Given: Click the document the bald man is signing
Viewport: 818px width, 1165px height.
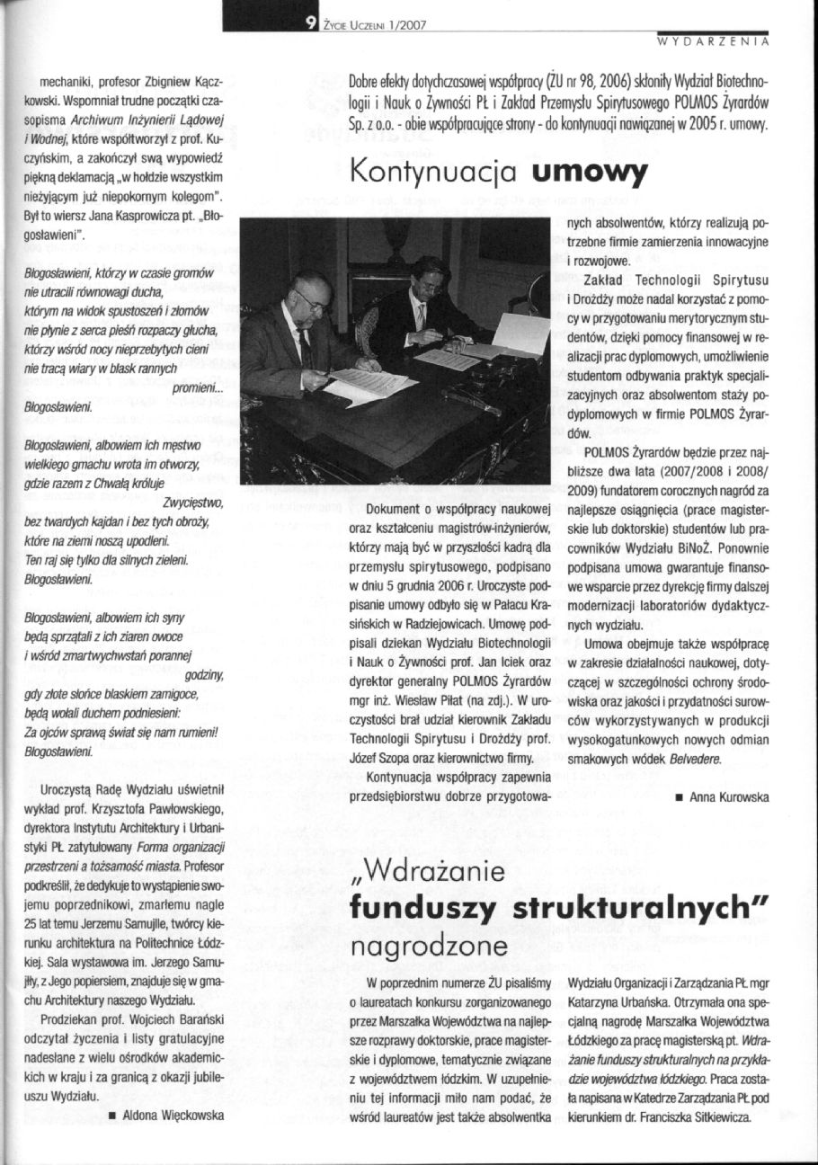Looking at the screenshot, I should [x=369, y=387].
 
